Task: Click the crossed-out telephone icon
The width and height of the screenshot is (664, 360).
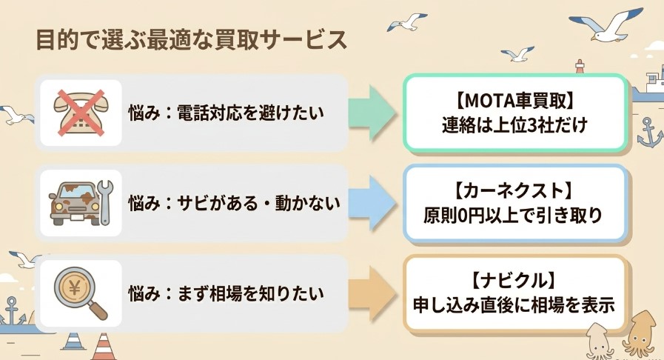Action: coord(81,113)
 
